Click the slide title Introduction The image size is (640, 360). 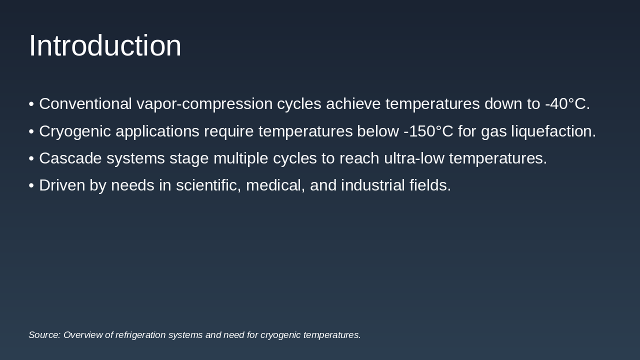(x=105, y=46)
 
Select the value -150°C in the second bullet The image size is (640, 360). (x=428, y=131)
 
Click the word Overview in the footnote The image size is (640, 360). (x=83, y=335)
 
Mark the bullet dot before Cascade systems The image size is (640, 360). (x=31, y=159)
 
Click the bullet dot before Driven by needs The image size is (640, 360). (x=31, y=186)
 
